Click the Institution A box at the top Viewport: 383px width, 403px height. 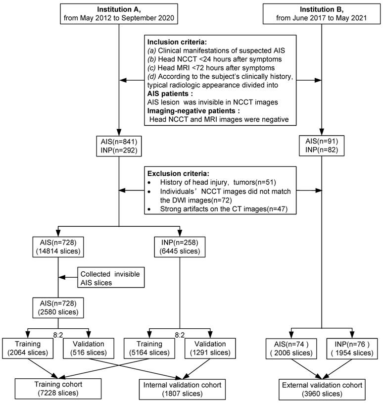[119, 14]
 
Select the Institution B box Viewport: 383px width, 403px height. [322, 14]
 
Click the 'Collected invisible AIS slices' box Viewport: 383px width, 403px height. [111, 278]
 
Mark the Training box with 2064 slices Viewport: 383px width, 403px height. [28, 349]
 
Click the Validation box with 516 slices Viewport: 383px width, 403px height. [89, 349]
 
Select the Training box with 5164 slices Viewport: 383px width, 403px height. [149, 349]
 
